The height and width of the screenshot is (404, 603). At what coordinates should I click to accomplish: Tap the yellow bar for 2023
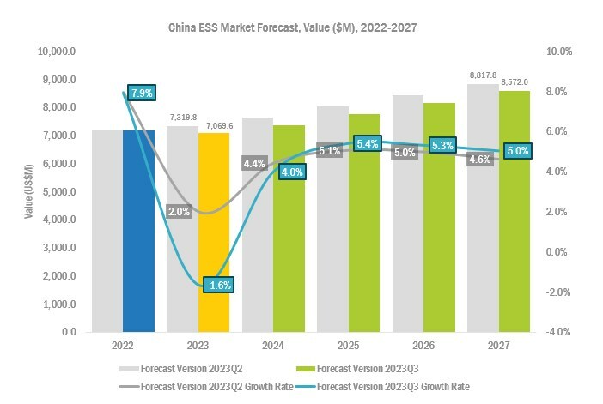pos(214,232)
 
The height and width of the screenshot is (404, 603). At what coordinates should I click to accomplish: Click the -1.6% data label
pos(217,286)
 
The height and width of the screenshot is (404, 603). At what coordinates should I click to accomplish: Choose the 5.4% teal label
pos(367,142)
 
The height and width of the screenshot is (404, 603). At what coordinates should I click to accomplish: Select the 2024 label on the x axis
pos(273,347)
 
